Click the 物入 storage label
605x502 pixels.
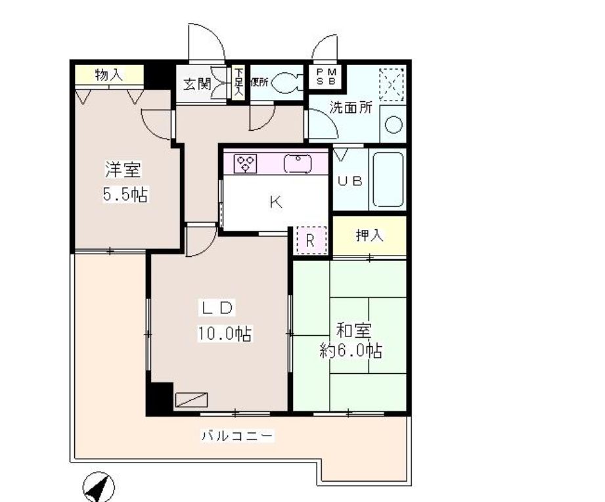[x=108, y=74]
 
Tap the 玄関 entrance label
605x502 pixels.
[x=196, y=84]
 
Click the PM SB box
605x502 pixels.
[x=326, y=76]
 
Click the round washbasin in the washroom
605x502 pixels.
[x=393, y=125]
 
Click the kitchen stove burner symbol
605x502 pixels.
[x=244, y=163]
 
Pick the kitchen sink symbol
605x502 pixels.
[x=298, y=162]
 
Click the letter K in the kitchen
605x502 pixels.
[x=276, y=202]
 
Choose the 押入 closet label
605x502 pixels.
[x=369, y=237]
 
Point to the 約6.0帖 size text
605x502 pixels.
[x=351, y=351]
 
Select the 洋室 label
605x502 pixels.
[x=123, y=170]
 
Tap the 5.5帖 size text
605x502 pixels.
[x=124, y=195]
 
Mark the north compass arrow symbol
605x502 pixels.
[x=99, y=488]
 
